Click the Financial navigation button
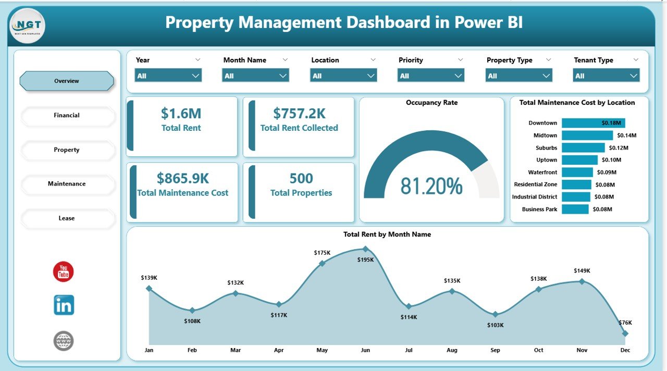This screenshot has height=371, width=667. click(67, 116)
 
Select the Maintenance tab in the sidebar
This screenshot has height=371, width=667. click(67, 184)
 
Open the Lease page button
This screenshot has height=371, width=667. click(67, 218)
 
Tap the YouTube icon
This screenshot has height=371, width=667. click(64, 272)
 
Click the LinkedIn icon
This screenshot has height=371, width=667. click(64, 305)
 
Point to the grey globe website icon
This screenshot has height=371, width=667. click(64, 341)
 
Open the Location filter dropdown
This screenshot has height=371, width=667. click(343, 76)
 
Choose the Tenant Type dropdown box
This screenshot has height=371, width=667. click(606, 76)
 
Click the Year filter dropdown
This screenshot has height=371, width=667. click(168, 76)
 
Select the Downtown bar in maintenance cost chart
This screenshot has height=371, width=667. click(593, 123)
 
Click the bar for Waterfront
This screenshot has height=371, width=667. click(577, 172)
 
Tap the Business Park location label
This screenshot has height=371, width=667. click(539, 209)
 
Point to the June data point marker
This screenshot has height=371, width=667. click(365, 249)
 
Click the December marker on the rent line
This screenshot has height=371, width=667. click(625, 333)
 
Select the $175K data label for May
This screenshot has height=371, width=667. click(322, 253)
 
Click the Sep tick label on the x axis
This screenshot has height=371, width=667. click(495, 350)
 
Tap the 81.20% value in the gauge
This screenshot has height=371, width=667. click(431, 186)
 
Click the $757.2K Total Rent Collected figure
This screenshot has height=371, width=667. click(299, 114)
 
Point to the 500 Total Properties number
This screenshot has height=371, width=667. click(301, 179)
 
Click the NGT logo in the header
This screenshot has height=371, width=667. click(27, 26)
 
